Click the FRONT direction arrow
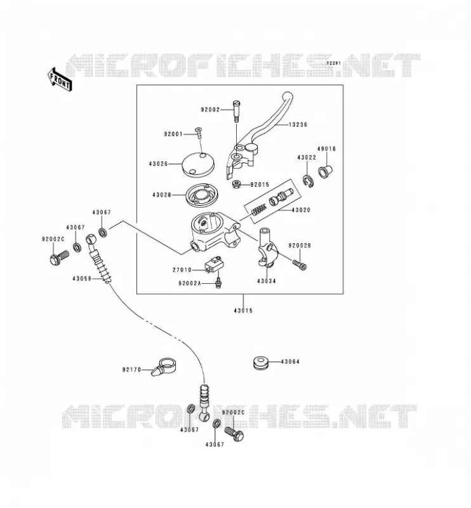(x=60, y=80)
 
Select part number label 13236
(x=298, y=124)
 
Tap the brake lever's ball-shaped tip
(x=288, y=97)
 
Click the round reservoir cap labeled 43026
(x=198, y=164)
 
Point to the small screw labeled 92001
(x=199, y=133)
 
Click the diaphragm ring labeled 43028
(x=201, y=195)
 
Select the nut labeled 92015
(x=237, y=185)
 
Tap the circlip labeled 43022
(x=308, y=181)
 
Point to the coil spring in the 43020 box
(x=259, y=210)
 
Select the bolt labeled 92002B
(x=300, y=264)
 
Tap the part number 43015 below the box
(x=243, y=311)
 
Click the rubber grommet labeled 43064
(x=260, y=362)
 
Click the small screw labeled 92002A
(x=218, y=281)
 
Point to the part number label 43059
(x=82, y=278)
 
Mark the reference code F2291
(x=333, y=63)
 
